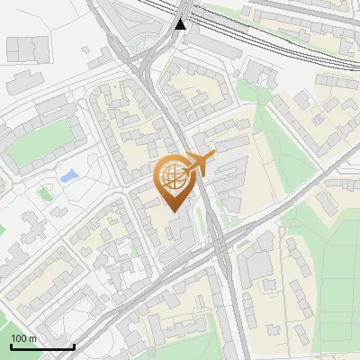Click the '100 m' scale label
coord(23,338)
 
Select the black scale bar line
coord(42,346)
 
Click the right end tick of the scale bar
coord(74,344)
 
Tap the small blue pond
coord(68,175)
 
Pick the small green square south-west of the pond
coord(45,193)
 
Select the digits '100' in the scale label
coord(18,338)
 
